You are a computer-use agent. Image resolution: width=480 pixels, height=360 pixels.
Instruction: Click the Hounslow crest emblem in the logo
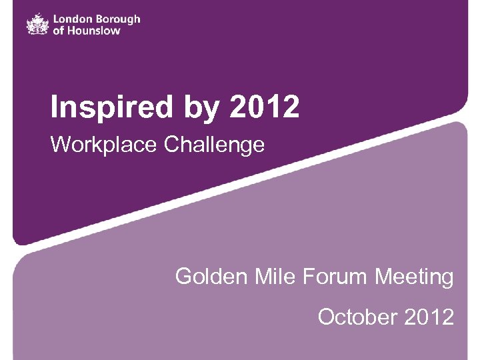click(x=37, y=24)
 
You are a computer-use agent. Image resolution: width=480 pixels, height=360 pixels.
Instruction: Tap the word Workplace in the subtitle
click(x=101, y=144)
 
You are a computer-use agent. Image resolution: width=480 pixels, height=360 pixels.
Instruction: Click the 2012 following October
click(x=429, y=316)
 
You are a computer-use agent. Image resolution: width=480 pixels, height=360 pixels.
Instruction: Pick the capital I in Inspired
click(x=55, y=107)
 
